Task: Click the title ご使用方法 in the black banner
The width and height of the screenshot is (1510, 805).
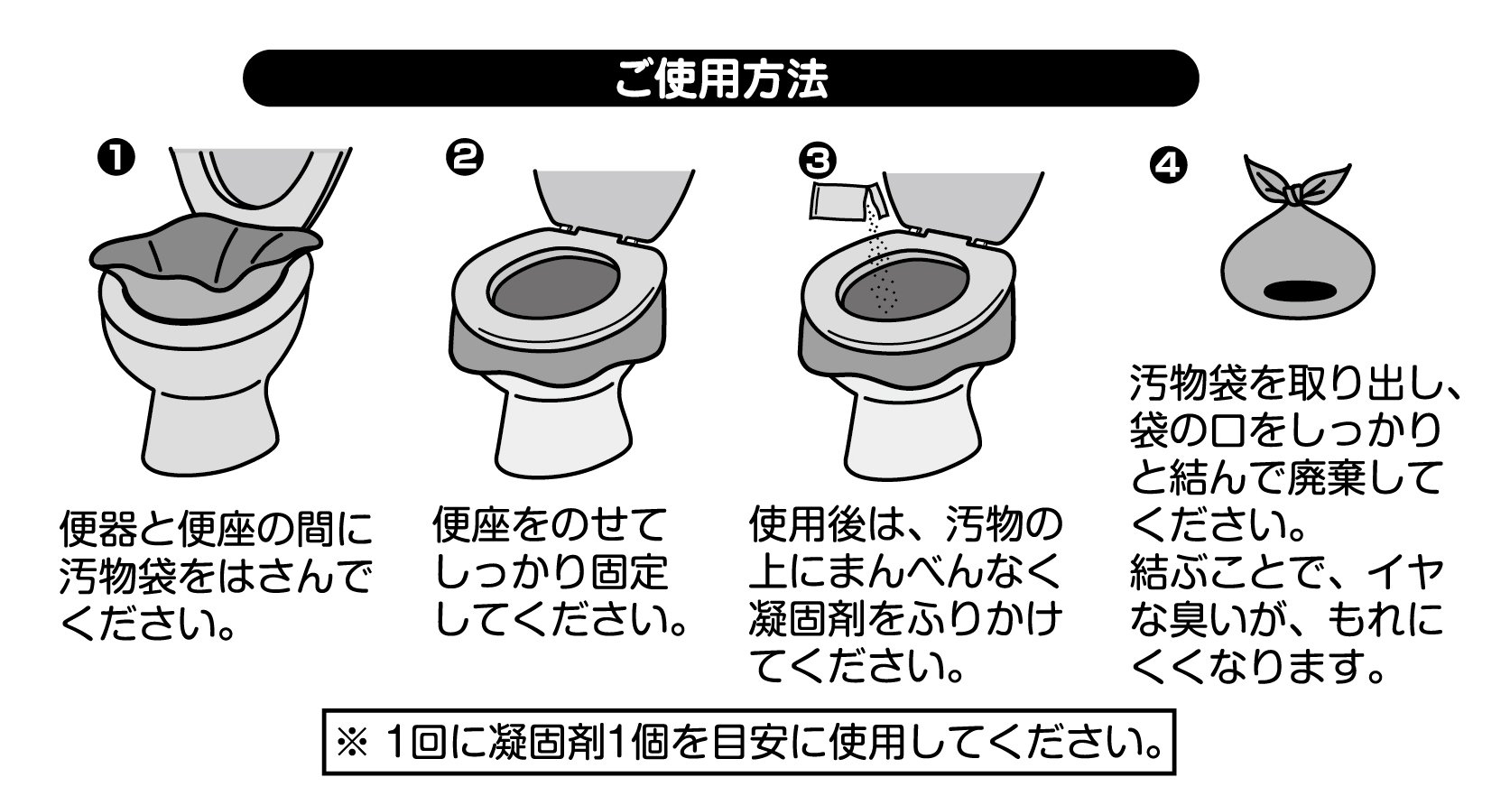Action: click(720, 79)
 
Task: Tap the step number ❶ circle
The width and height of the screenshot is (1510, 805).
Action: click(116, 158)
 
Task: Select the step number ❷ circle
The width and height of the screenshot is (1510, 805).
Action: click(465, 158)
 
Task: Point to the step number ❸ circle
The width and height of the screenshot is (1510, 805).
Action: click(817, 161)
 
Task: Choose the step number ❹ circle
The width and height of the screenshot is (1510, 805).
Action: click(1168, 164)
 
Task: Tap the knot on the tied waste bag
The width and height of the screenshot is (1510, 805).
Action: click(1293, 196)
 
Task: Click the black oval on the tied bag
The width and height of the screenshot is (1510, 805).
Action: click(1299, 291)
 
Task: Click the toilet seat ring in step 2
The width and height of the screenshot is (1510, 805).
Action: click(557, 284)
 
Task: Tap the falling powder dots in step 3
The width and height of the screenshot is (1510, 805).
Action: click(880, 263)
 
